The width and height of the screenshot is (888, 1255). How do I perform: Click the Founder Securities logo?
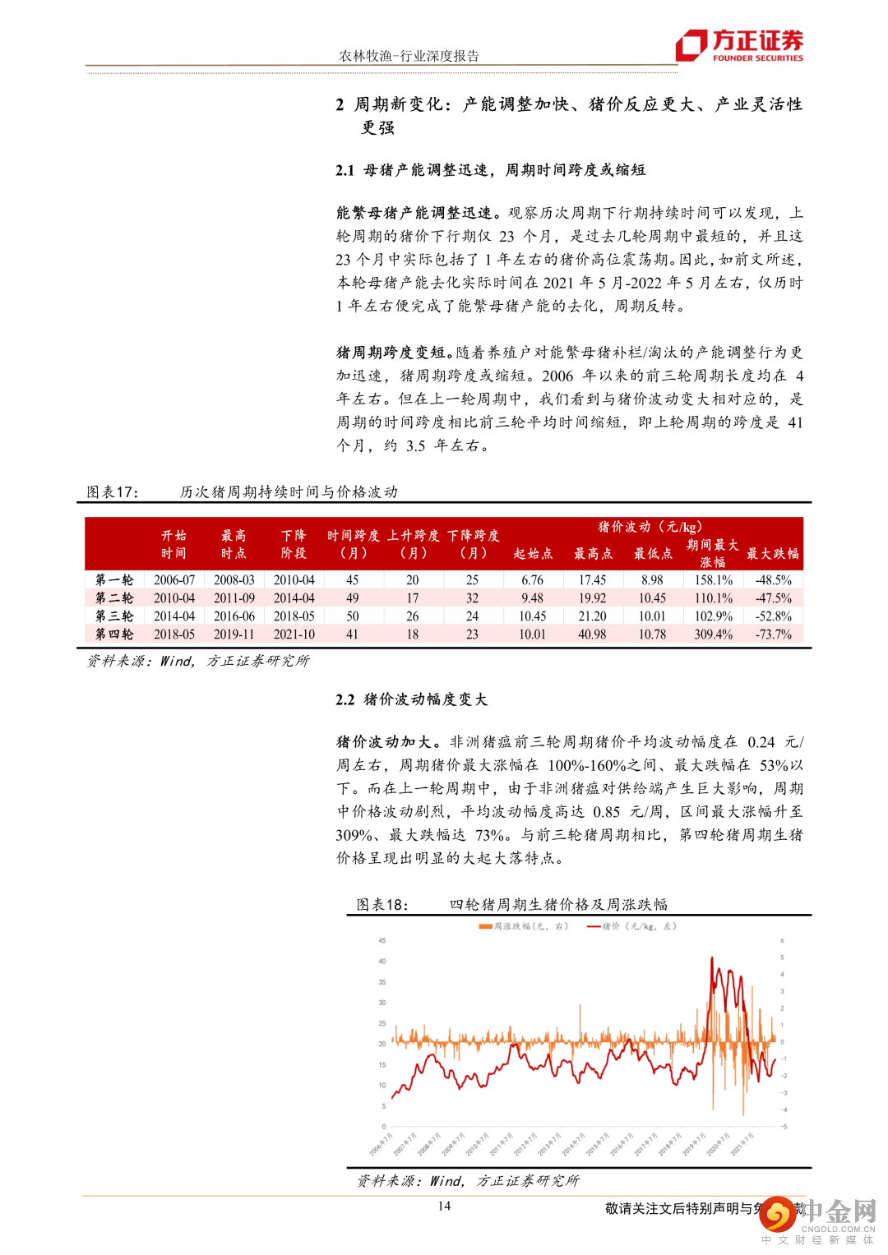pyautogui.click(x=739, y=45)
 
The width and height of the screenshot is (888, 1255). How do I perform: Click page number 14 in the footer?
pyautogui.click(x=444, y=1206)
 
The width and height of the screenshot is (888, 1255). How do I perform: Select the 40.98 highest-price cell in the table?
pyautogui.click(x=592, y=634)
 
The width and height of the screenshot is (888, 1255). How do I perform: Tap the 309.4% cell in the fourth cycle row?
pyautogui.click(x=713, y=634)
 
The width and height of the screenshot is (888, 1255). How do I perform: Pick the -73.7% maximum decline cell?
pyautogui.click(x=773, y=634)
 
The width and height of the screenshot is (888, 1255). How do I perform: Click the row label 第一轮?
pyautogui.click(x=114, y=580)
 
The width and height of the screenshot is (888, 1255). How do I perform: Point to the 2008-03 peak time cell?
pyautogui.click(x=234, y=580)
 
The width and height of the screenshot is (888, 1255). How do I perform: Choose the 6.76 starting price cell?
pyautogui.click(x=532, y=580)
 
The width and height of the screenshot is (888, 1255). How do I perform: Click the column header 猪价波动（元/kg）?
pyautogui.click(x=650, y=527)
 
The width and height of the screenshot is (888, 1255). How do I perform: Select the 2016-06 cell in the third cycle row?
pyautogui.click(x=234, y=616)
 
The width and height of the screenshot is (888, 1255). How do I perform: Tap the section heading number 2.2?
pyautogui.click(x=345, y=699)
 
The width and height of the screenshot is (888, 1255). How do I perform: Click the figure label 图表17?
pyautogui.click(x=113, y=491)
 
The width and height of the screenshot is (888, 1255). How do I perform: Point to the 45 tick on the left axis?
pyautogui.click(x=382, y=940)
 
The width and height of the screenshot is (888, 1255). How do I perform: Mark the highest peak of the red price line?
pyautogui.click(x=712, y=957)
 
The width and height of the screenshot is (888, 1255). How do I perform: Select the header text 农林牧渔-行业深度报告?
pyautogui.click(x=409, y=56)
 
